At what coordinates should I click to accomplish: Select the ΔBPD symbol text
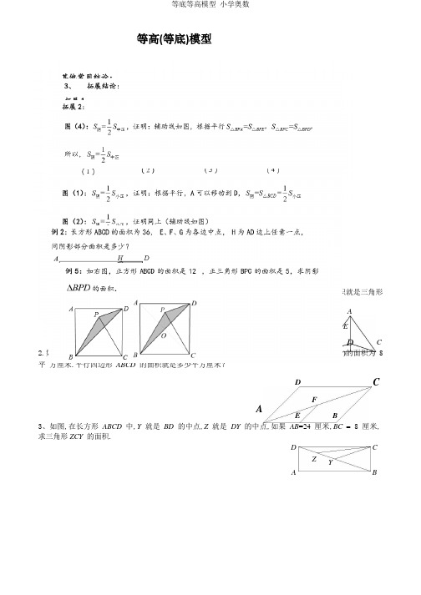(80, 288)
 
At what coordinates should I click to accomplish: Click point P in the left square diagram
(96, 315)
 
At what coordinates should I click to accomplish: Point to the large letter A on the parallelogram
(260, 410)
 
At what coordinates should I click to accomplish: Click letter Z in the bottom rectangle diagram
(314, 459)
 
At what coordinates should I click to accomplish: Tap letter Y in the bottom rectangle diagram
(330, 462)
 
